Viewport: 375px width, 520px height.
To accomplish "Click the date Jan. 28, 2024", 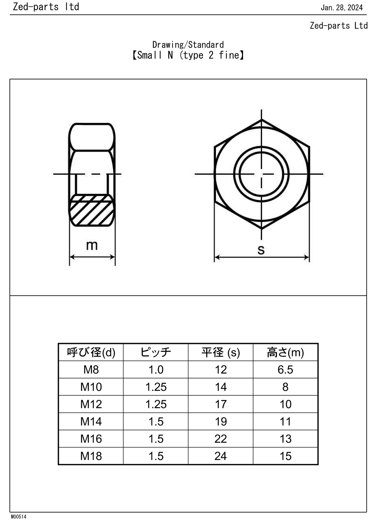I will click(342, 8).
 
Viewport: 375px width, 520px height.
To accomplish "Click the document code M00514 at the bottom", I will click(18, 517).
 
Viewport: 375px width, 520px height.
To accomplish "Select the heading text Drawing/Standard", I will click(188, 45).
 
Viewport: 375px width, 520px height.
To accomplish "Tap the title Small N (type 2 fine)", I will click(188, 55).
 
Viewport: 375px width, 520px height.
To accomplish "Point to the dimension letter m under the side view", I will click(92, 245).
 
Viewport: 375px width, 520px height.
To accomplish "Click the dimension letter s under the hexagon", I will click(261, 250).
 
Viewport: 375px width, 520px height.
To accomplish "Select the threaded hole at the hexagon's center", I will click(261, 174).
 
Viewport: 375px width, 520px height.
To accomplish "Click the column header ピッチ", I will click(156, 352).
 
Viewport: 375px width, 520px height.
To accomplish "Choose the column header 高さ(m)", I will click(285, 352).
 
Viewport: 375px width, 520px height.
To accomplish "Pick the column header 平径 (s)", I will click(221, 352).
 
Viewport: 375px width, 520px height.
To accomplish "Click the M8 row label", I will click(91, 370).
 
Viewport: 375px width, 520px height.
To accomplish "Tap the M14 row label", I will click(91, 421).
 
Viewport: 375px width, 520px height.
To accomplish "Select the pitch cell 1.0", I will click(156, 370).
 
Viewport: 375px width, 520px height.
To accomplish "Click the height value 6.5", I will click(285, 370).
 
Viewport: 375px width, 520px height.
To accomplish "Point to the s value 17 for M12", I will click(221, 404).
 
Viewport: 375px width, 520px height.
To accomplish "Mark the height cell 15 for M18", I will click(285, 456).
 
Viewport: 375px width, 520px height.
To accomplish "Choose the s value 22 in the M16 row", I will click(221, 439).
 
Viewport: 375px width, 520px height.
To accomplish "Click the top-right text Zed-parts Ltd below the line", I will click(339, 26).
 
